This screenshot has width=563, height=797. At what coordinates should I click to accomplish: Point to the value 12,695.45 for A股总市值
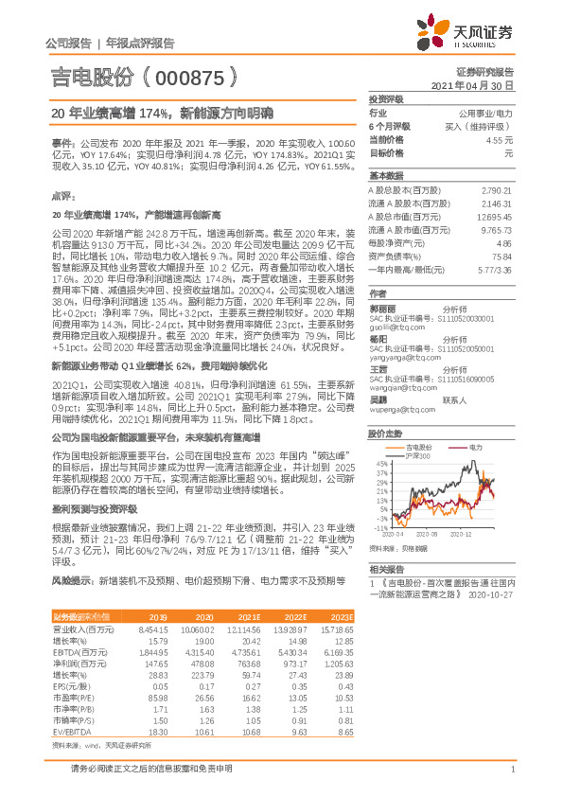pos(492,216)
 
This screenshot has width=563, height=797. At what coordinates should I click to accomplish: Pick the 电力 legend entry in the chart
pos(473,446)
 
